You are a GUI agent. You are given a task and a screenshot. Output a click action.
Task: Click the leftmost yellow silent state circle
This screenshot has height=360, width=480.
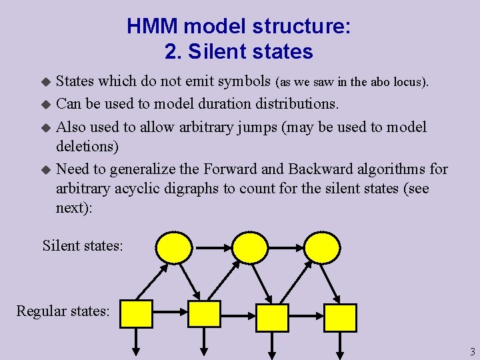tap(173, 247)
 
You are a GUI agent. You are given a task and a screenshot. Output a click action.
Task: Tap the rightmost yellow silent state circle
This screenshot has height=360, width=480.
tap(322, 247)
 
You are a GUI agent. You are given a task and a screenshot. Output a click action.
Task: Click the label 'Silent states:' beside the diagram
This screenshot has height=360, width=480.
tap(83, 245)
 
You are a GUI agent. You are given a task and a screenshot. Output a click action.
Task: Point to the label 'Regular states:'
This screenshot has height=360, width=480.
tap(63, 311)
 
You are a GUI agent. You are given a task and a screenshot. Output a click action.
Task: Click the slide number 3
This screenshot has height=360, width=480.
tap(472, 351)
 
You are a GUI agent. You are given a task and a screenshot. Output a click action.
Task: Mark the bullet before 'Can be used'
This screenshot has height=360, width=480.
tap(45, 105)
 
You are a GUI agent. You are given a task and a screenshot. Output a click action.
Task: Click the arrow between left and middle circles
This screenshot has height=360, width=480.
tap(211, 247)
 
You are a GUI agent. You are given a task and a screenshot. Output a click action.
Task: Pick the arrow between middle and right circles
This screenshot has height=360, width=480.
tap(285, 247)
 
